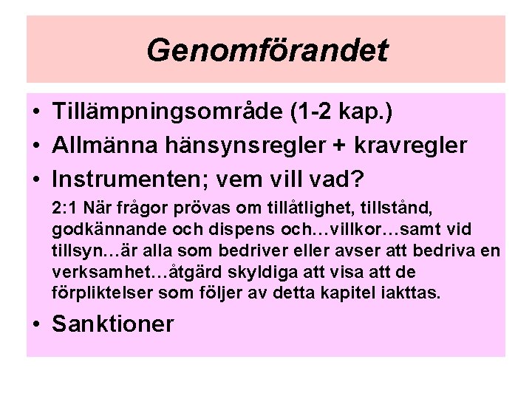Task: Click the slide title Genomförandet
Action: coord(266,50)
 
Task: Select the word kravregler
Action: coord(412,146)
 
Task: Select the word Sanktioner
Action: coord(113,324)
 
